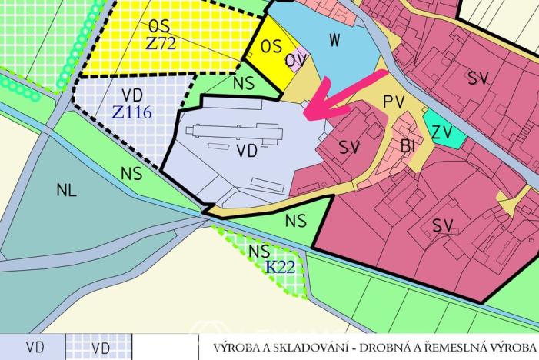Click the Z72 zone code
[161, 43]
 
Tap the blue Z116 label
[131, 112]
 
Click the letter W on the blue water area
[333, 39]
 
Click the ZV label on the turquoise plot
[441, 132]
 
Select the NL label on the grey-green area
[67, 191]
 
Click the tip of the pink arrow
[306, 115]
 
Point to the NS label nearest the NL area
[131, 174]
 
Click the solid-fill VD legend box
[33, 348]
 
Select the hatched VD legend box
[100, 348]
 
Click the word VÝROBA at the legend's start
[240, 348]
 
